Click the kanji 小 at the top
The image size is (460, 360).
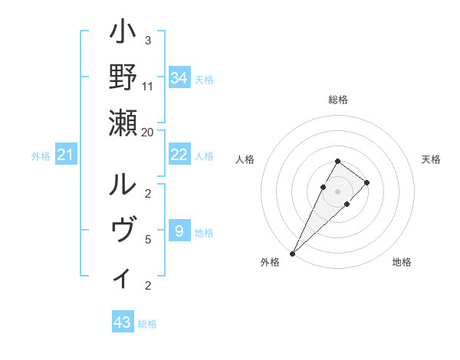tap(123, 34)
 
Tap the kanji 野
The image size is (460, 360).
tap(123, 77)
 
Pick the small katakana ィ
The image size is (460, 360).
tap(123, 277)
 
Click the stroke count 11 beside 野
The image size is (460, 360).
tap(148, 86)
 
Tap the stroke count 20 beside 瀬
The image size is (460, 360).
tap(148, 131)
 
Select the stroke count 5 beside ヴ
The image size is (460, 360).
tap(148, 239)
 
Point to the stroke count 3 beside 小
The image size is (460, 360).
tap(148, 40)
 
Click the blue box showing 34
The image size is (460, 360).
tap(179, 78)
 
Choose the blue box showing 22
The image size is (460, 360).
tap(179, 155)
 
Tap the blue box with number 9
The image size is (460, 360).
tap(179, 231)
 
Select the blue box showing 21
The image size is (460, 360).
tap(66, 155)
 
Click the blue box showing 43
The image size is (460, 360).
tap(123, 322)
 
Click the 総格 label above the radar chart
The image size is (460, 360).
tap(338, 100)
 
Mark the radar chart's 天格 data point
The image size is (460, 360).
tap(367, 182)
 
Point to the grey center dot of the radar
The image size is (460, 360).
tap(338, 191)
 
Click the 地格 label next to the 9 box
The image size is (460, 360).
tap(204, 232)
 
